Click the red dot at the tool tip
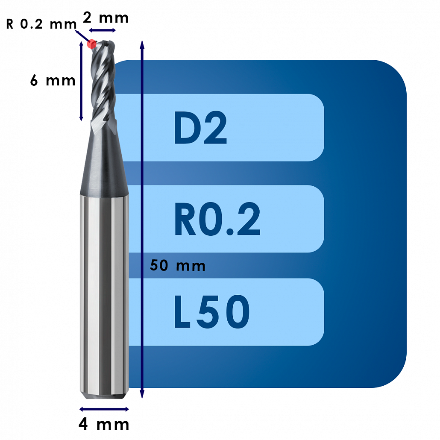click(91, 44)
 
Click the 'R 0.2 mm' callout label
click(41, 24)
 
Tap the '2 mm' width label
click(106, 18)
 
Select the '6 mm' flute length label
click(53, 81)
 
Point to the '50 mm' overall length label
click(178, 265)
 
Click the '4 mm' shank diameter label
click(104, 424)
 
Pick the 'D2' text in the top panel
click(200, 128)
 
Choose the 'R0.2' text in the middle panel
click(217, 219)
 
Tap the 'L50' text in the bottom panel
click(211, 312)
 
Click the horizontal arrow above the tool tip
click(102, 30)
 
